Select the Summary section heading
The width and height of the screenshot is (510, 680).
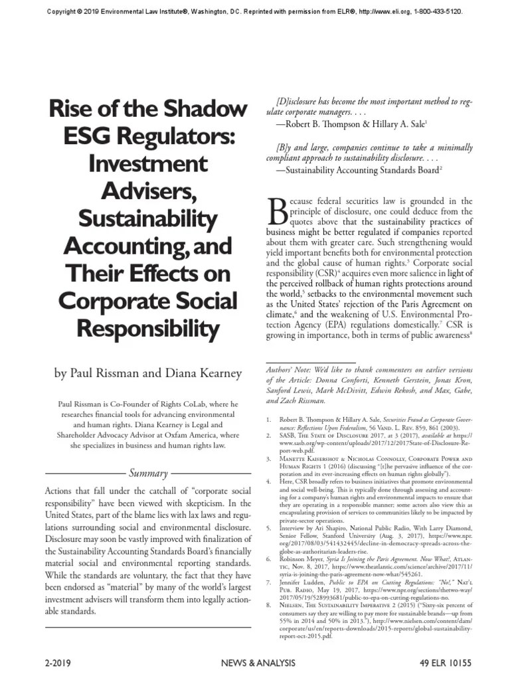click(x=147, y=473)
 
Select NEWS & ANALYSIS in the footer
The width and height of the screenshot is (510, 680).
click(x=255, y=664)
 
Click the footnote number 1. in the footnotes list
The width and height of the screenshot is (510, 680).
click(x=268, y=420)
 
